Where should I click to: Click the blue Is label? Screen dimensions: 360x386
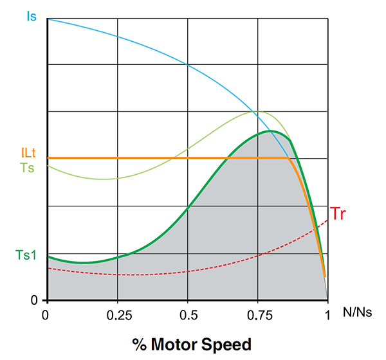(x=31, y=14)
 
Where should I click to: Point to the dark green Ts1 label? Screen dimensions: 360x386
(x=26, y=255)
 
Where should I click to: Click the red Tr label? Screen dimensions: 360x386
(x=338, y=213)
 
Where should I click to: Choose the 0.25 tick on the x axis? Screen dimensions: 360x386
(x=117, y=315)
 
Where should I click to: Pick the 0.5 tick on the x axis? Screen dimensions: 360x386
(x=187, y=315)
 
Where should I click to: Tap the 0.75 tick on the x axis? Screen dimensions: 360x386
(x=257, y=315)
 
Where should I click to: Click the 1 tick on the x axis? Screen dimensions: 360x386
(x=327, y=315)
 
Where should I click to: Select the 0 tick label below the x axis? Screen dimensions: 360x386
(x=46, y=315)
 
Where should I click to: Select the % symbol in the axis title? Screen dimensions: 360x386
(x=139, y=344)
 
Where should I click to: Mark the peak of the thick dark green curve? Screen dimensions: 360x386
(x=270, y=131)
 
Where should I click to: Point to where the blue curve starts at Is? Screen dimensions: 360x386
(x=48, y=19)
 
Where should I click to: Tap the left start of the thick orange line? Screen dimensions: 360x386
(x=48, y=157)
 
